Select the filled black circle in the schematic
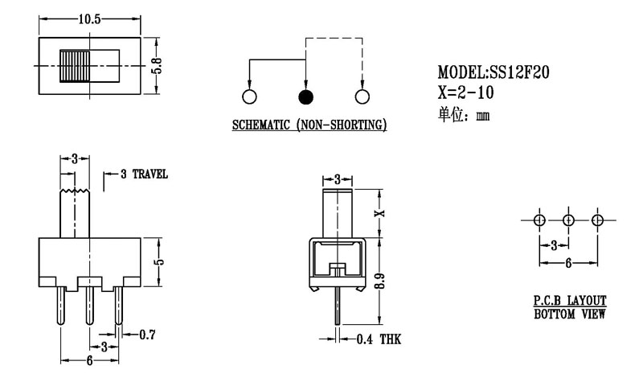[x=305, y=97]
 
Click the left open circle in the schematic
[x=249, y=97]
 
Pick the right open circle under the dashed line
[x=362, y=97]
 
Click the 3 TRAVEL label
[x=143, y=174]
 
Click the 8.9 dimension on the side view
[x=382, y=282]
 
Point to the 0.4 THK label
[x=379, y=339]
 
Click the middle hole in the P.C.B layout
[x=568, y=220]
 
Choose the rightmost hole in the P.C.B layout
[x=597, y=220]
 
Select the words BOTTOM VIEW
[x=570, y=313]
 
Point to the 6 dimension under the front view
[x=88, y=362]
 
